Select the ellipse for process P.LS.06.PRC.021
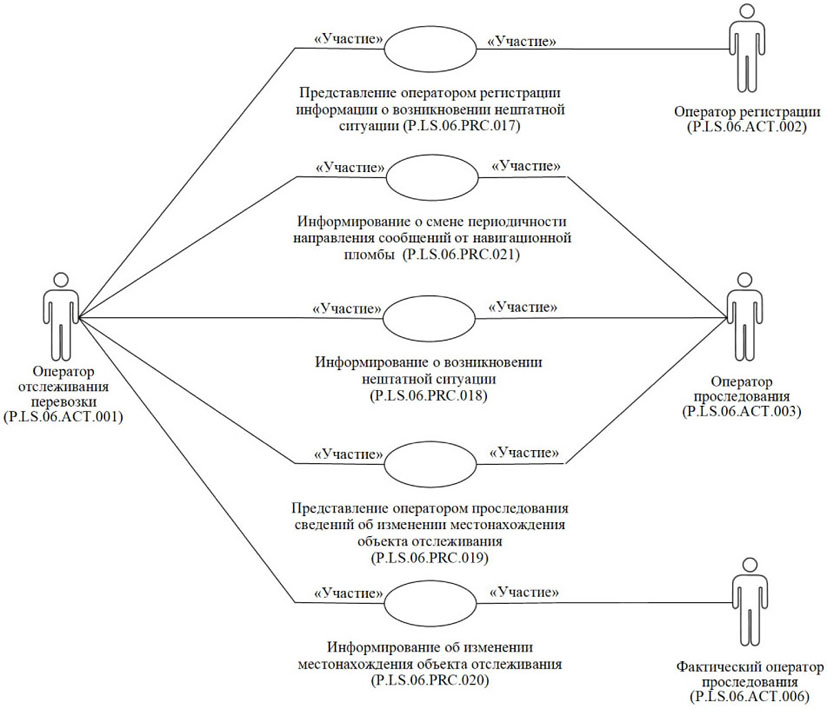432,177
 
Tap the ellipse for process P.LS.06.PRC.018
432,319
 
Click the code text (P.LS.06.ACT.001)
64,417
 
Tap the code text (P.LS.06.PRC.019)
431,555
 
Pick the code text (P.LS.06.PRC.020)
431,680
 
